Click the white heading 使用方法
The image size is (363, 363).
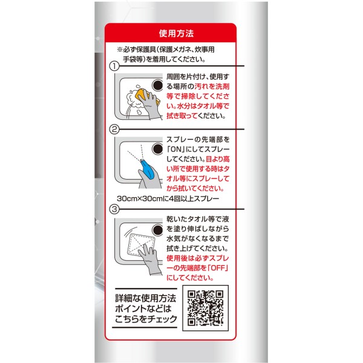[176, 33]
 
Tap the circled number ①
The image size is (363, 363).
[114, 66]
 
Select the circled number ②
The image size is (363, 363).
[114, 129]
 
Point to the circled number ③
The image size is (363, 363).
[114, 209]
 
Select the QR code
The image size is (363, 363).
[205, 308]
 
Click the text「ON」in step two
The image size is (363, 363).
[176, 149]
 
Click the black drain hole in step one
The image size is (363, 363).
[157, 85]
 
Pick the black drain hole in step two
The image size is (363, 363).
[157, 149]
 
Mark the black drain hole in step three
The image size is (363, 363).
[157, 230]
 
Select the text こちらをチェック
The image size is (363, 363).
[146, 319]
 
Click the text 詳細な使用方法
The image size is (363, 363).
[146, 298]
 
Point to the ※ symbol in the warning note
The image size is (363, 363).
[119, 50]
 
